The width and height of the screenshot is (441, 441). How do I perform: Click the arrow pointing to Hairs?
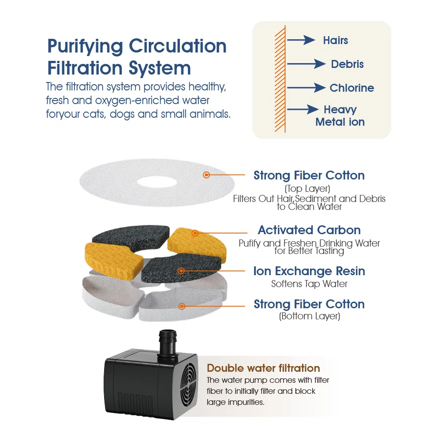coord(301,40)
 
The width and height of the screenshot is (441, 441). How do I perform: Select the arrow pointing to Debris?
coord(306,64)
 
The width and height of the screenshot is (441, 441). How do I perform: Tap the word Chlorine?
coord(352,88)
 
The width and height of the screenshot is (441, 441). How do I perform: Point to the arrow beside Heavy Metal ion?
coord(303,109)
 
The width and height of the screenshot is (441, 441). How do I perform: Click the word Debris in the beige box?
coord(348,64)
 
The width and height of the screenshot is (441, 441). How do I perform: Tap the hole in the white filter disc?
coord(157,182)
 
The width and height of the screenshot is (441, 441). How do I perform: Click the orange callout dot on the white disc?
coord(206,175)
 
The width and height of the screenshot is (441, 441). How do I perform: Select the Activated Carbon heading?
coord(310,230)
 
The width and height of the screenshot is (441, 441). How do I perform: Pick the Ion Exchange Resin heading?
coord(309,271)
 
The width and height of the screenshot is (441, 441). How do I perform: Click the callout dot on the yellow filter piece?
coord(195,233)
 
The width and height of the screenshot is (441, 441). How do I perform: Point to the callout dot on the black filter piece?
coord(181,271)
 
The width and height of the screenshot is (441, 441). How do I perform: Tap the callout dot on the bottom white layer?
coord(182,306)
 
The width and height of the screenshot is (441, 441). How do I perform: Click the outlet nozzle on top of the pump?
coord(167,344)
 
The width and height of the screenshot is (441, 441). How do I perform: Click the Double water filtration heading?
coord(263,368)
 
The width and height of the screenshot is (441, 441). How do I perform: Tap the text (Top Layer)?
coord(307,188)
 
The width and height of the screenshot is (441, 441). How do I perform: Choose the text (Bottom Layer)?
coord(310,316)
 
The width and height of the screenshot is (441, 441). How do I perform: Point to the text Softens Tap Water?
coord(310,284)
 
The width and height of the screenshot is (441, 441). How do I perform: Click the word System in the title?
coord(160,69)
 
